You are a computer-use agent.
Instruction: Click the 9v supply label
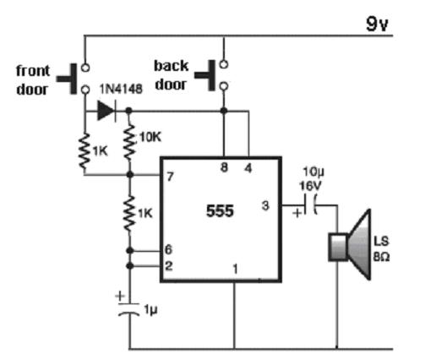click(x=377, y=24)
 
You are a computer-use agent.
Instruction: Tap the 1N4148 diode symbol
click(x=106, y=111)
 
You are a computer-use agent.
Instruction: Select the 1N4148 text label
click(x=121, y=90)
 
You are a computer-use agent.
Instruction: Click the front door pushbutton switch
click(x=74, y=79)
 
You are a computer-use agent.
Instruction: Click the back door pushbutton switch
click(x=212, y=75)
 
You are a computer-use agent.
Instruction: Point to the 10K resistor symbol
click(x=129, y=143)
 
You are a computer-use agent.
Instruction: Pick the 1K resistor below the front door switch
click(x=84, y=151)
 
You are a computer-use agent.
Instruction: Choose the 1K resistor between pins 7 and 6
click(x=129, y=214)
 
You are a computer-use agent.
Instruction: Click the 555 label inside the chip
click(x=220, y=210)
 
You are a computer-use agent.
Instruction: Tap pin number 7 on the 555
click(x=170, y=177)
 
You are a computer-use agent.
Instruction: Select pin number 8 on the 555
click(x=224, y=167)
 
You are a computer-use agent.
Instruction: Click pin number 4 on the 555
click(x=248, y=168)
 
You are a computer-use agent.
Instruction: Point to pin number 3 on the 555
click(x=265, y=205)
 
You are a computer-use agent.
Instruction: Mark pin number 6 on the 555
click(x=168, y=249)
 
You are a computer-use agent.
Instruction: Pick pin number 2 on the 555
click(x=169, y=265)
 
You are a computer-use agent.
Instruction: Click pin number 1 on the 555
click(x=236, y=269)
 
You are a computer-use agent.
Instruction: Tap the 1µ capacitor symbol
click(x=129, y=308)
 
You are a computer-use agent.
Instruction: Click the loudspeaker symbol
click(x=350, y=244)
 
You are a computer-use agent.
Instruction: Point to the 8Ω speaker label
click(x=382, y=257)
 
